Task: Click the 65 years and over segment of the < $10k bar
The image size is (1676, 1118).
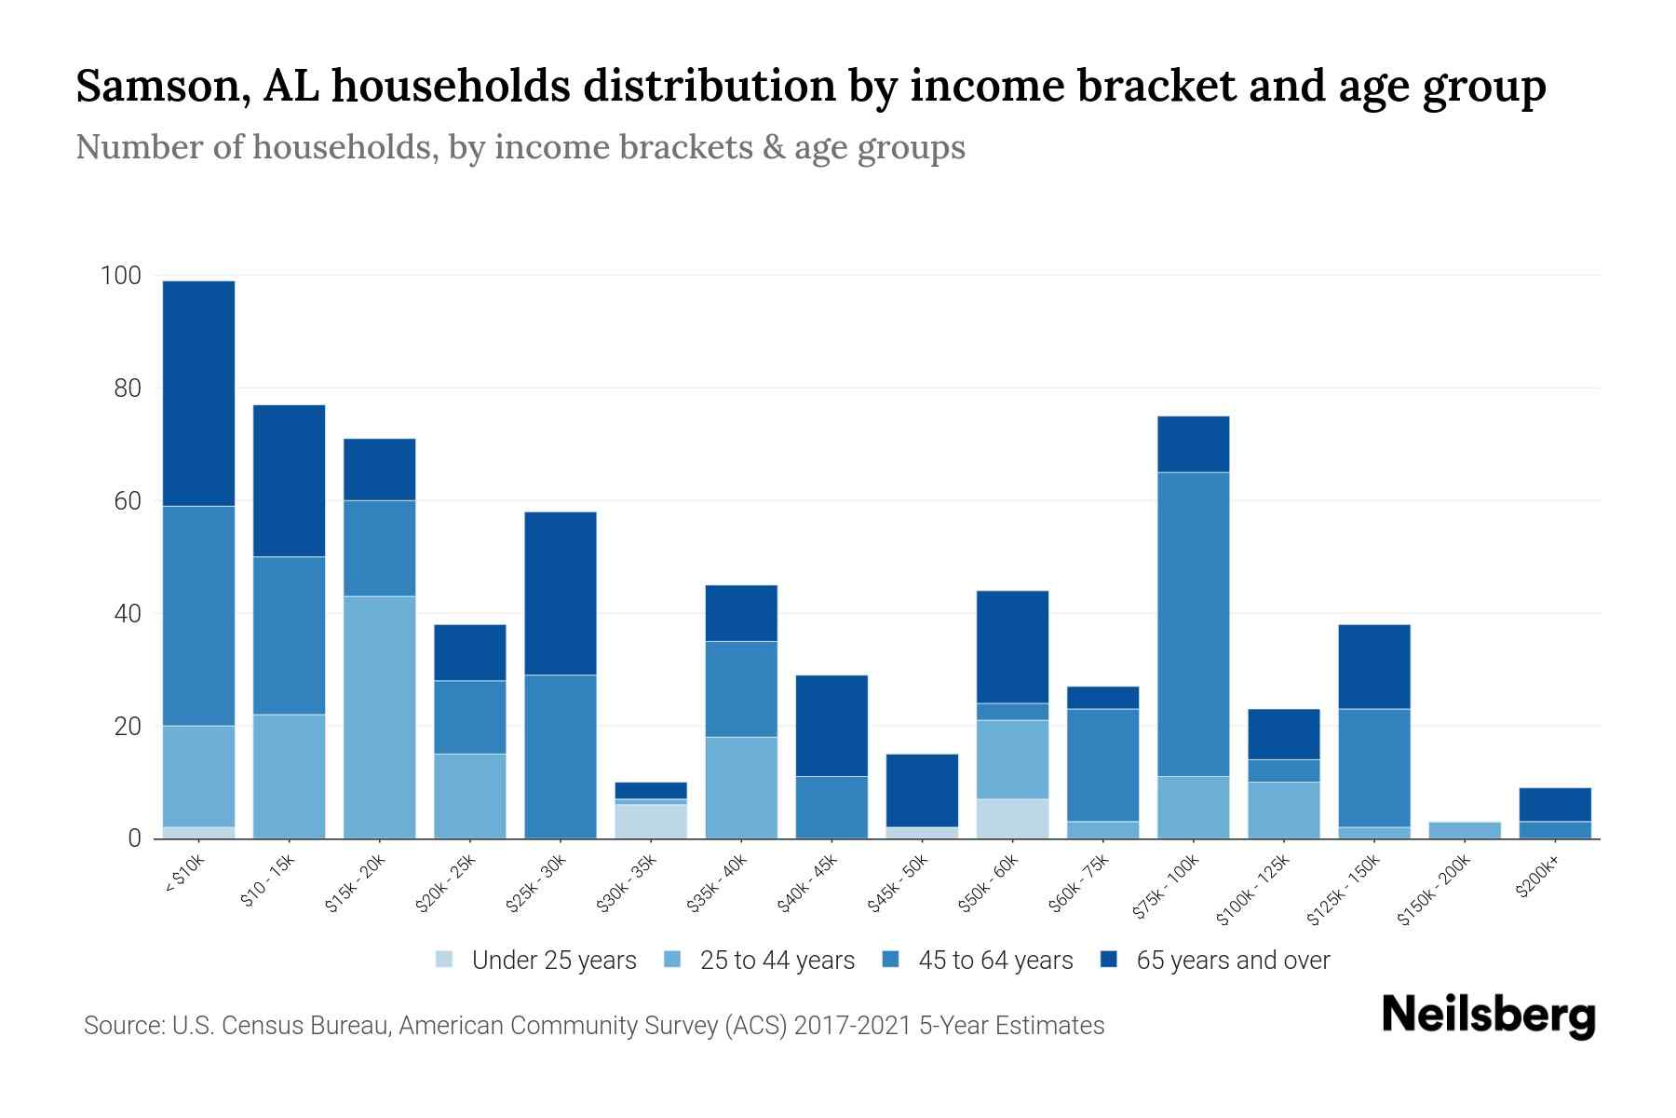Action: (198, 393)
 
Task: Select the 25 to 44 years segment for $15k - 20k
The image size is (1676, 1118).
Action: (379, 717)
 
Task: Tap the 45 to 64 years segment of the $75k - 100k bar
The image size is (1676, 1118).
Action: (1193, 624)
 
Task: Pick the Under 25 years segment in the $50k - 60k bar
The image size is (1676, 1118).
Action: (1012, 818)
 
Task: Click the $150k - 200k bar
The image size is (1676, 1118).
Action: (1464, 830)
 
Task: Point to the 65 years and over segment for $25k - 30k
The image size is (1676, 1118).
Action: (561, 593)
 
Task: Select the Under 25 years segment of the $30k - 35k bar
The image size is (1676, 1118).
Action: (651, 821)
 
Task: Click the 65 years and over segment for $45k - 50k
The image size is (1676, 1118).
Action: (922, 790)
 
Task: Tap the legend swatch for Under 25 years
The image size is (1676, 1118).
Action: (445, 960)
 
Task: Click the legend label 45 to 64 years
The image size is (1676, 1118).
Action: (994, 960)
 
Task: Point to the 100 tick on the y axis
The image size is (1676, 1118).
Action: (121, 276)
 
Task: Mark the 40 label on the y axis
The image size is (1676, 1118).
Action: (127, 614)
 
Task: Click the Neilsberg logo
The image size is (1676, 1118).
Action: (1488, 1015)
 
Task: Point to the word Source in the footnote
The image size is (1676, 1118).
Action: (121, 1026)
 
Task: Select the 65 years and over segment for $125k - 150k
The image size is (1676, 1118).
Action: (1373, 666)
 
